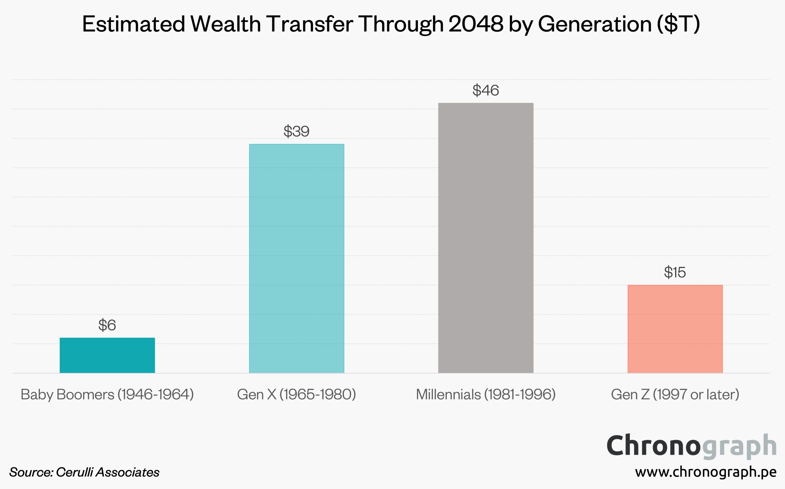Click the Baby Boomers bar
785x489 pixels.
pos(107,355)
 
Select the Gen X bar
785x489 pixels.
pos(296,258)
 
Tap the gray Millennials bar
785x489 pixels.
pos(485,238)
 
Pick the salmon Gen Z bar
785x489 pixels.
pos(675,329)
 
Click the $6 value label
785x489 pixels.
pos(107,325)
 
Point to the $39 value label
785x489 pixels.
pos(296,131)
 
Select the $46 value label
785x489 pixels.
pos(485,90)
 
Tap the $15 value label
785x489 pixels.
pos(675,272)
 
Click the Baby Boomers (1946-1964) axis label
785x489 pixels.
pos(107,395)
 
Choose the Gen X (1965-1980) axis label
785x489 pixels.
pos(296,395)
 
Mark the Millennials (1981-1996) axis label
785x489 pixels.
pos(485,395)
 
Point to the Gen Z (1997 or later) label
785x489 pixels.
pos(675,395)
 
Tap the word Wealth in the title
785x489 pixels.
pos(226,24)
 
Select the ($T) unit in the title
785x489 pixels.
pos(679,24)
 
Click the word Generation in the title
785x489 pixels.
pos(595,24)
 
